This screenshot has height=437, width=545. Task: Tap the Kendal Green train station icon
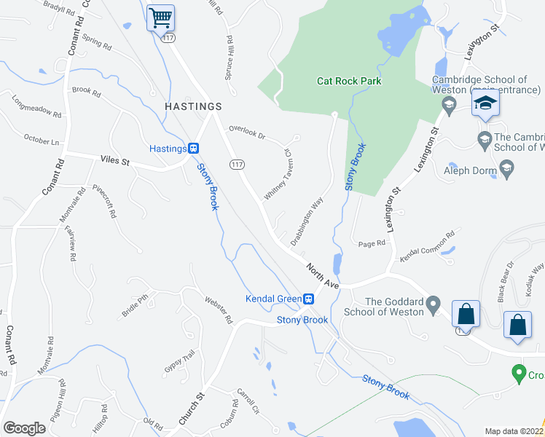[x=308, y=299]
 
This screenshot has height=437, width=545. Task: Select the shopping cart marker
[x=160, y=17]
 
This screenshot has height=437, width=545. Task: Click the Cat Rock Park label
[x=349, y=81]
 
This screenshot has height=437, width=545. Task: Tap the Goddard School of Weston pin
[x=434, y=302]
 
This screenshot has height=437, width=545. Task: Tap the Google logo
[x=24, y=428]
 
